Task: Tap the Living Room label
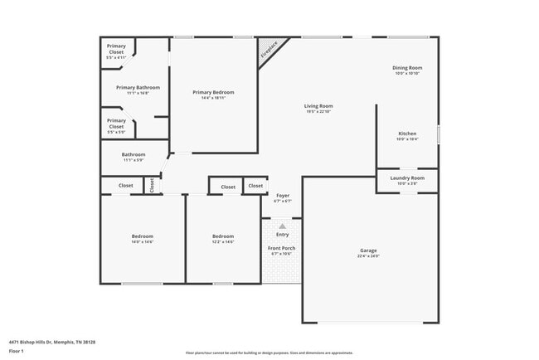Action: click(318, 106)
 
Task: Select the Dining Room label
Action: click(407, 67)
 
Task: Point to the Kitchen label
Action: click(407, 133)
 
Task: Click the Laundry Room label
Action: click(407, 178)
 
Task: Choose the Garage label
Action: click(368, 251)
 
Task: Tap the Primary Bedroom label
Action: click(213, 92)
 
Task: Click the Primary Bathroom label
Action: click(138, 87)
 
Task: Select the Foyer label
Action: click(283, 196)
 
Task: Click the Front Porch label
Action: click(282, 248)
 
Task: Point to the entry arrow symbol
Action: click(283, 226)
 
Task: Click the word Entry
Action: click(283, 235)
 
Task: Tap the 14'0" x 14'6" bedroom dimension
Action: click(142, 241)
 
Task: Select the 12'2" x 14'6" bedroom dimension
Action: click(223, 241)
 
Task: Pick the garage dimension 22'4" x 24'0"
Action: click(368, 256)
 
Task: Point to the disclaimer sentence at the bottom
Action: click(269, 353)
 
